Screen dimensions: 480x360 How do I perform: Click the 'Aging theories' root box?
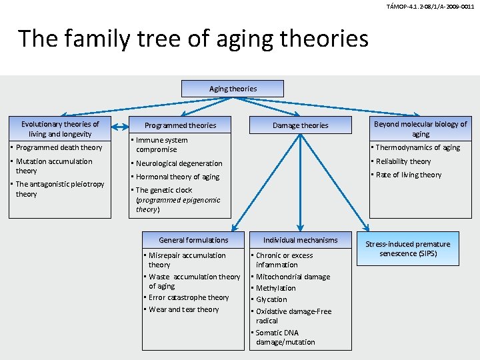[233, 89]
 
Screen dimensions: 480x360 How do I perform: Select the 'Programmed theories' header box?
[180, 125]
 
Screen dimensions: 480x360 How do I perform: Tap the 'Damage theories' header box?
[301, 125]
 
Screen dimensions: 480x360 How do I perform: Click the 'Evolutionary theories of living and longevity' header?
[60, 129]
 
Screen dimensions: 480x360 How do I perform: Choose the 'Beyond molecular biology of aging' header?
[421, 129]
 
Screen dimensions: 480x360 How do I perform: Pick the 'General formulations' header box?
[193, 240]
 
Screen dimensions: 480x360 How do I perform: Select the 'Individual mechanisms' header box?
[301, 240]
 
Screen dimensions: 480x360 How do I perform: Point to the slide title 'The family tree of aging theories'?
[193, 39]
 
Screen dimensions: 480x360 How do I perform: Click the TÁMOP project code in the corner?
[430, 6]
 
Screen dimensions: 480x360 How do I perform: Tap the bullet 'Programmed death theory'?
[59, 147]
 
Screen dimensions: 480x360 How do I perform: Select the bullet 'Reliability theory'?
[403, 161]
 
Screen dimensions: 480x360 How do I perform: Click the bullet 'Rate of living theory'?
[409, 175]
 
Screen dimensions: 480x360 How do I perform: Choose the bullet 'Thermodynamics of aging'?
[418, 147]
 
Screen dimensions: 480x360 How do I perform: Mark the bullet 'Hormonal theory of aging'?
[177, 177]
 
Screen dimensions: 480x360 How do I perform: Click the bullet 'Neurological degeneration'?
[179, 163]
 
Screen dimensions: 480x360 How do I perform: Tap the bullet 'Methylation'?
[275, 288]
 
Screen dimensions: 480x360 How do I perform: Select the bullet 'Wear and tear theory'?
[183, 309]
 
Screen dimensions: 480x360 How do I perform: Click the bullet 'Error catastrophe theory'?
[189, 297]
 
